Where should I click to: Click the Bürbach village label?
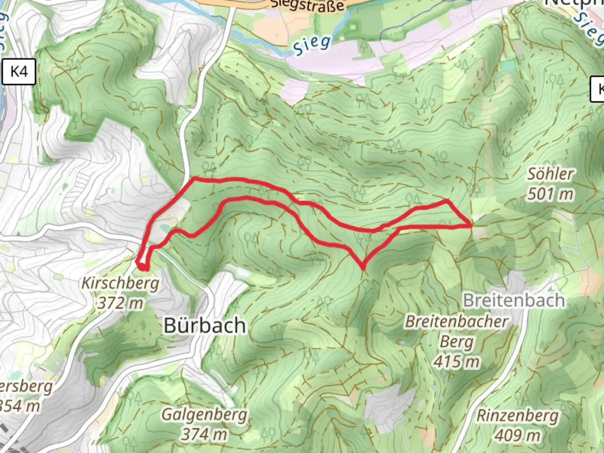[205, 325]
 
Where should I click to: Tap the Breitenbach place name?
[513, 300]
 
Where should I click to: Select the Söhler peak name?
[550, 174]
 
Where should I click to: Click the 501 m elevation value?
[550, 194]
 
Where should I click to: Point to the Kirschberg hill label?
[120, 283]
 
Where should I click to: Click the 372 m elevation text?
[120, 303]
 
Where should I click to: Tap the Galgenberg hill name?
[204, 414]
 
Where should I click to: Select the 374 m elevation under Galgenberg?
[204, 435]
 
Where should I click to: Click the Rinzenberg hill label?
[517, 416]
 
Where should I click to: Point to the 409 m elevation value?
[517, 436]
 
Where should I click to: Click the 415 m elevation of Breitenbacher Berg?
[456, 361]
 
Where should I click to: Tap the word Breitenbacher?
[456, 322]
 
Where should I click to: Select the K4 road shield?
[19, 72]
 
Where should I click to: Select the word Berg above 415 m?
[456, 342]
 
